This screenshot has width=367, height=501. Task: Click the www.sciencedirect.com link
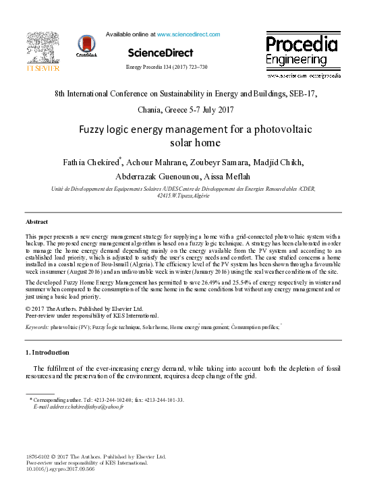[188, 34]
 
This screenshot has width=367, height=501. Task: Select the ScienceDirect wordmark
[160, 53]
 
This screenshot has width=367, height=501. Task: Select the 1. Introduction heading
[47, 352]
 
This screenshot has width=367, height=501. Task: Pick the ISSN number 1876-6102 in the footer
[40, 456]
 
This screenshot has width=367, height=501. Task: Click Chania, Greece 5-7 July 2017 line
[183, 109]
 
